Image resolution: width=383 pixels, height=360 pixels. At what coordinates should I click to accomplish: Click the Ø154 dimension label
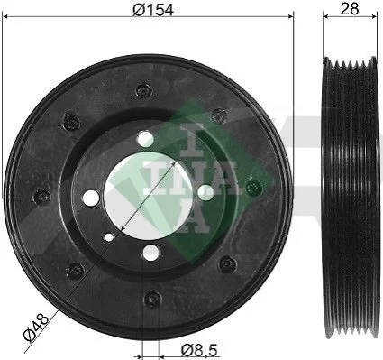click(153, 10)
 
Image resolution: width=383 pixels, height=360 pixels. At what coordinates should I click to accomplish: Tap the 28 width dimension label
click(350, 9)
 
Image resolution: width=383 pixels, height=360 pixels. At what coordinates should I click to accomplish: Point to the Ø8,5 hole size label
click(199, 350)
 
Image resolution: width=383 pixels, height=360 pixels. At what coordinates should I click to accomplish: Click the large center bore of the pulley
click(147, 196)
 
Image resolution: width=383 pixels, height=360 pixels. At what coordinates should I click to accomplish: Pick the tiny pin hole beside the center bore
click(109, 237)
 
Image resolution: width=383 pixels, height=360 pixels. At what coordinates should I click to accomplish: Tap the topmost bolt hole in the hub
click(146, 139)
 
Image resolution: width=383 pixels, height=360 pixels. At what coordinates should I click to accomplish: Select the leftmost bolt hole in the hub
click(91, 198)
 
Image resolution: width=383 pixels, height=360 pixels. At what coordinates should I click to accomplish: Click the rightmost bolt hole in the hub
click(205, 192)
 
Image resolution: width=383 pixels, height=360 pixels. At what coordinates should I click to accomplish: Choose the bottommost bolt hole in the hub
click(151, 253)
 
